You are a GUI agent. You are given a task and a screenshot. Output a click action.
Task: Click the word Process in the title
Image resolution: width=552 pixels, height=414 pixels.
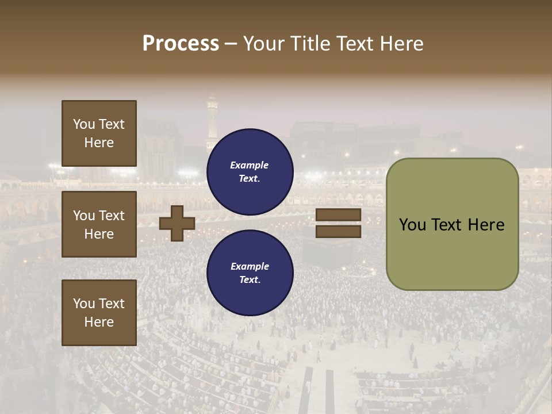pyautogui.click(x=181, y=44)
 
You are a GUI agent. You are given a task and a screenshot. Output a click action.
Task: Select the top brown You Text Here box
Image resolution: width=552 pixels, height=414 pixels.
pyautogui.click(x=99, y=133)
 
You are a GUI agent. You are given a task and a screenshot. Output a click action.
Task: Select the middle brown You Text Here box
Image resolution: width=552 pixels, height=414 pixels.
pyautogui.click(x=99, y=224)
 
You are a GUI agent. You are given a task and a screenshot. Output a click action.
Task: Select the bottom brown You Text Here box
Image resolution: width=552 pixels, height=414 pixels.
pyautogui.click(x=99, y=313)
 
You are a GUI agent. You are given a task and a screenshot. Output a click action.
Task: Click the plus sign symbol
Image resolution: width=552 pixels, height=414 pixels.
pyautogui.click(x=177, y=223)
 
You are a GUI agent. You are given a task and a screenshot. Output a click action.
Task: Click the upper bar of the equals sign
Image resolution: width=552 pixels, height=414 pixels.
pyautogui.click(x=339, y=214)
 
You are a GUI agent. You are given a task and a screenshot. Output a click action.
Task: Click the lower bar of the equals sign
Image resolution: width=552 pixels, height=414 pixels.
pyautogui.click(x=339, y=232)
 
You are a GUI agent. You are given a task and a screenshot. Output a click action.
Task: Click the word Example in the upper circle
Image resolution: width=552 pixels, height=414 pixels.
pyautogui.click(x=250, y=165)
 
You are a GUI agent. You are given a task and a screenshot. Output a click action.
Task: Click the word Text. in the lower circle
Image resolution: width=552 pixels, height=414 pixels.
pyautogui.click(x=250, y=280)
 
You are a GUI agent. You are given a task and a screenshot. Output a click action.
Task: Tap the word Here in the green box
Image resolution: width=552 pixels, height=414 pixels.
pyautogui.click(x=486, y=225)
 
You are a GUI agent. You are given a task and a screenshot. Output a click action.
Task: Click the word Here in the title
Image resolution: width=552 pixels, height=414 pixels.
pyautogui.click(x=402, y=44)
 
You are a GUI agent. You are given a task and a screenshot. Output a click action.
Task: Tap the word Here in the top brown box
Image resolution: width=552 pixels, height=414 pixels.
pyautogui.click(x=99, y=143)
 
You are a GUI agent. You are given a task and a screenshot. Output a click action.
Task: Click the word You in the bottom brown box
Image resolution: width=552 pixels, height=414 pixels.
pyautogui.click(x=84, y=304)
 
